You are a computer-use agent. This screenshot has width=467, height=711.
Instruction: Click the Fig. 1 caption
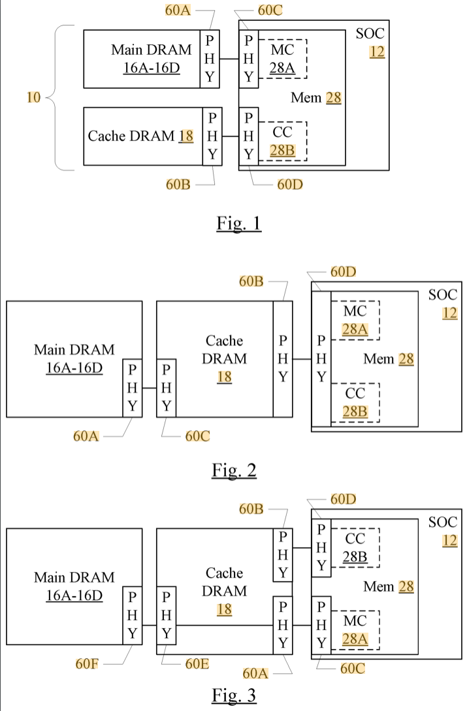(x=238, y=223)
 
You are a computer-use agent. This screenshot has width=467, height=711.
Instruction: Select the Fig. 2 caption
(x=234, y=470)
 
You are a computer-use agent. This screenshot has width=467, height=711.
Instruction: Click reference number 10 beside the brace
(x=34, y=97)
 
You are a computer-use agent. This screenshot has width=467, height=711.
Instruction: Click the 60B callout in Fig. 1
(x=178, y=184)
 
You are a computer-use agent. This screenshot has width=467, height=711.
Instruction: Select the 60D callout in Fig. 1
(x=289, y=184)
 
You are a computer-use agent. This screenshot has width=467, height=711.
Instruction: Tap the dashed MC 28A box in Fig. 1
(x=283, y=59)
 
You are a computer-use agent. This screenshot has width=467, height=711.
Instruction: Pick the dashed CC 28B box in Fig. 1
(x=283, y=141)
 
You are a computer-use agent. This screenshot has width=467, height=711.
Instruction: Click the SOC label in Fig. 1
(x=370, y=34)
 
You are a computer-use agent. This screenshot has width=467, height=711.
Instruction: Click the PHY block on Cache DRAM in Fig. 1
(x=212, y=136)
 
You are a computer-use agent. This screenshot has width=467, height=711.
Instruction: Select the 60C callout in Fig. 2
(x=197, y=436)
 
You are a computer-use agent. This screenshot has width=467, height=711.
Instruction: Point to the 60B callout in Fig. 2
(x=251, y=281)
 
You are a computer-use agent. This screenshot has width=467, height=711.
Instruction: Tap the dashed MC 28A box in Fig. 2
(x=355, y=320)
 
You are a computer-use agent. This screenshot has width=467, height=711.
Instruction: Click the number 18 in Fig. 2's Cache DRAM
(x=225, y=377)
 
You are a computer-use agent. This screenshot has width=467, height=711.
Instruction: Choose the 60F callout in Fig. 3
(x=86, y=664)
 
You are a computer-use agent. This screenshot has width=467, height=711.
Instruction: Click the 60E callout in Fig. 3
(x=197, y=664)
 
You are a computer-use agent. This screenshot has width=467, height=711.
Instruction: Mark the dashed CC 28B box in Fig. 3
(x=355, y=547)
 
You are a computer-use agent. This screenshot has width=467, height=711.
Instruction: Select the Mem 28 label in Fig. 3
(x=389, y=587)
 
